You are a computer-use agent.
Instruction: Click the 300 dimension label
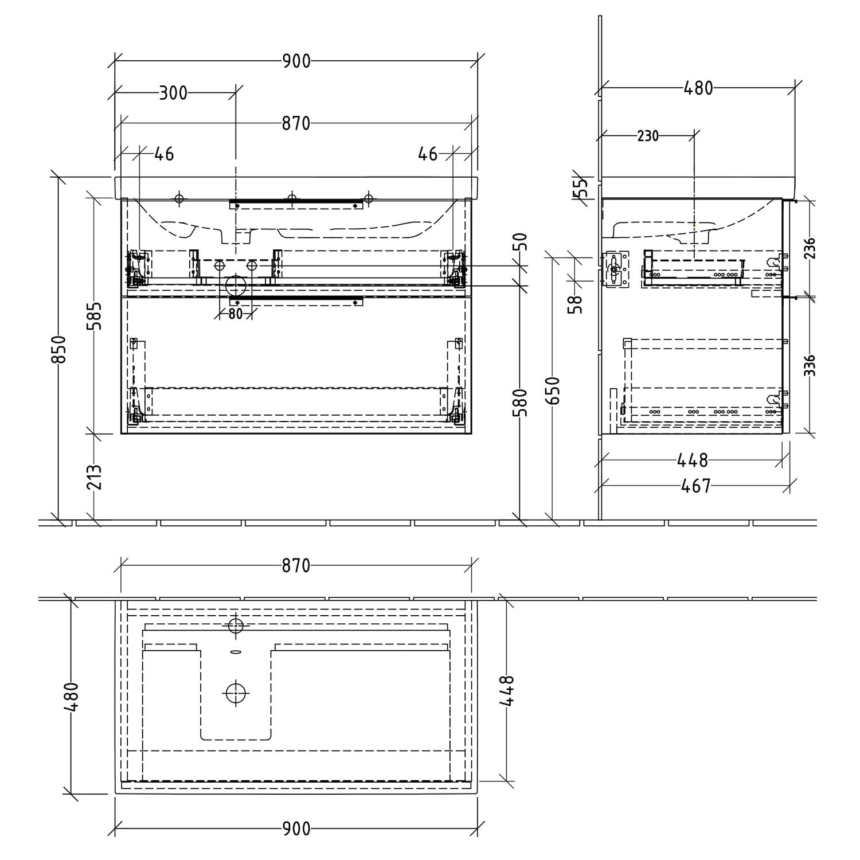click(173, 92)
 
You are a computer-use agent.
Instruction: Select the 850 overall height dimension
click(60, 349)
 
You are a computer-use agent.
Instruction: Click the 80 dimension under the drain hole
click(235, 314)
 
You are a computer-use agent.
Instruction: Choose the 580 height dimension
click(520, 402)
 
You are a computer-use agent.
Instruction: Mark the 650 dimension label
click(553, 390)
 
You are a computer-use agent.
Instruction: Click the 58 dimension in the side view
click(576, 304)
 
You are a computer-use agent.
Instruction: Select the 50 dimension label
click(521, 241)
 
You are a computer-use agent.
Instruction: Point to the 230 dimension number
click(648, 136)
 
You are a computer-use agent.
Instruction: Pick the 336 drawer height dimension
click(809, 365)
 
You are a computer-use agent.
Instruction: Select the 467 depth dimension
click(695, 486)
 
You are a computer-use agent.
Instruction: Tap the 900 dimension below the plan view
click(296, 828)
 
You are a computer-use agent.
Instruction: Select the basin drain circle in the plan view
click(236, 693)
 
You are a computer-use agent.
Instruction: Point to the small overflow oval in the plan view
click(235, 651)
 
